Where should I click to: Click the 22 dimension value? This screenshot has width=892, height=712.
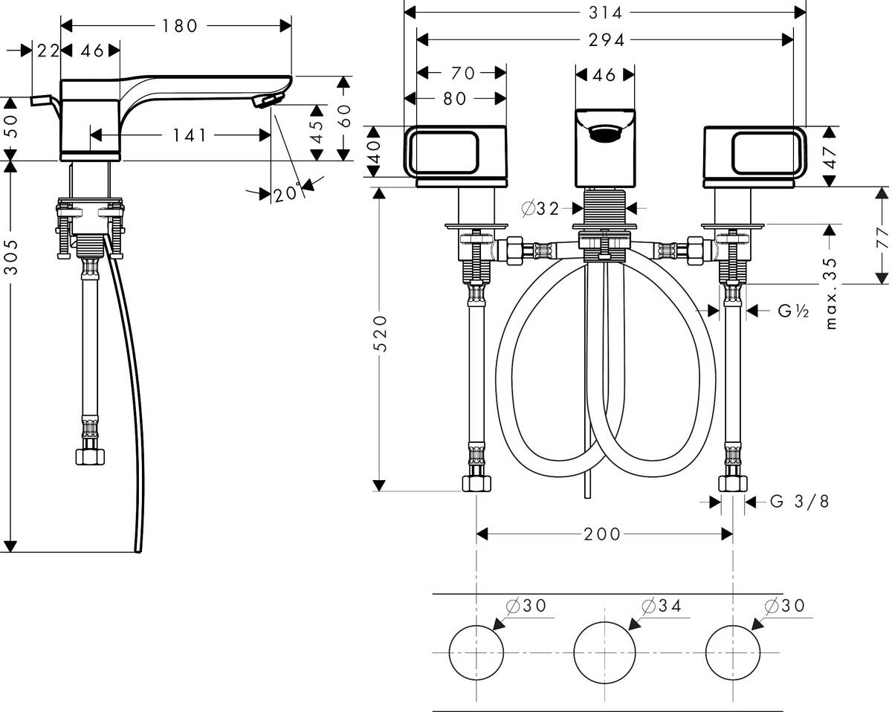click(x=47, y=50)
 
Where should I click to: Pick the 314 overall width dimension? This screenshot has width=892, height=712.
click(x=605, y=13)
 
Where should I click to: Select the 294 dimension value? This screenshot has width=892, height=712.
click(x=605, y=40)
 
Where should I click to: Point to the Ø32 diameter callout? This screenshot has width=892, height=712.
click(x=541, y=209)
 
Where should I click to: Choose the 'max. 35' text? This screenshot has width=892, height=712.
click(x=831, y=294)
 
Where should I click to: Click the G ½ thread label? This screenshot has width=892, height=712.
click(x=793, y=311)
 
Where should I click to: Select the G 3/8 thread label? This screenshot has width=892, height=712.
click(x=799, y=502)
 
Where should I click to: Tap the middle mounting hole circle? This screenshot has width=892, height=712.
click(x=604, y=652)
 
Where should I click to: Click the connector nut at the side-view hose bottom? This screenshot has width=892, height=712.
click(x=91, y=456)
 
